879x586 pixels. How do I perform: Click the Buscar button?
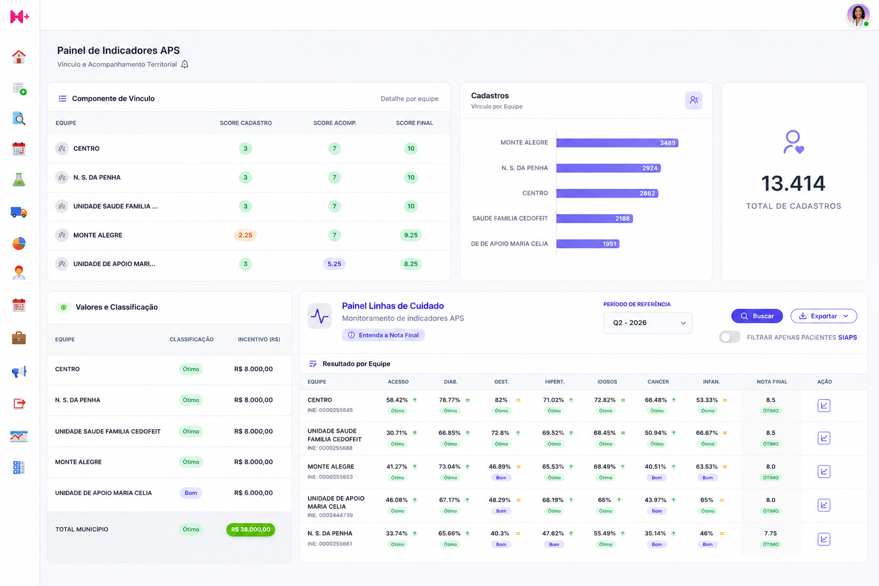coord(757,316)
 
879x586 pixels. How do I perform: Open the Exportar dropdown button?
coord(823,316)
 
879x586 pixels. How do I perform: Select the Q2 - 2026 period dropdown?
coord(647,323)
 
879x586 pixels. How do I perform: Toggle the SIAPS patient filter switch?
coord(730,337)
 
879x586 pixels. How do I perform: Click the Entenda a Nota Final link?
coord(383,335)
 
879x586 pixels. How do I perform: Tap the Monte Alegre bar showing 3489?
coord(617,143)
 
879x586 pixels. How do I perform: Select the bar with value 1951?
coord(588,244)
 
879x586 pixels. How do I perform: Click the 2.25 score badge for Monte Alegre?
coord(246,235)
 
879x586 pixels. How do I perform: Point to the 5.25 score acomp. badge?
coord(334,264)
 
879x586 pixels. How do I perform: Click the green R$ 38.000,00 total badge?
coord(251,529)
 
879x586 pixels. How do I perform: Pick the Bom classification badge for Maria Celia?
coord(191,493)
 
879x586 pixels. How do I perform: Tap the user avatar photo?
coord(858,15)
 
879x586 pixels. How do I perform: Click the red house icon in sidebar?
coord(18,57)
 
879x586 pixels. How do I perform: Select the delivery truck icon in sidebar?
coord(18,212)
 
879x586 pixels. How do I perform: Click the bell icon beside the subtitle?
coord(185,64)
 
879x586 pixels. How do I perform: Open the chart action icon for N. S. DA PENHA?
coord(823,539)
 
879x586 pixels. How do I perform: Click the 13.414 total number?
coord(793,183)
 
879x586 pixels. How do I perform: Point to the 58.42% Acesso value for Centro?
coord(397,400)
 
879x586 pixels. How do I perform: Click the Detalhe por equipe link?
coord(409,98)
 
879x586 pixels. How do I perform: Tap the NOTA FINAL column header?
coord(771,382)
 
